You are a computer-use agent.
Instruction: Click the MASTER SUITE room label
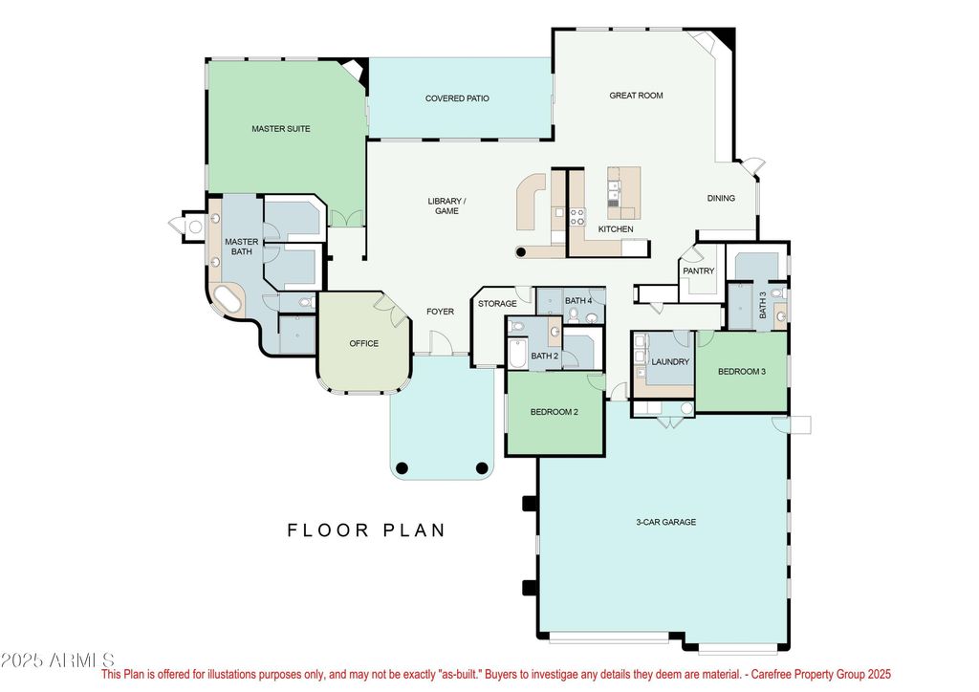click(281, 128)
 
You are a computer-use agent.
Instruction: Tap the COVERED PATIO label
click(457, 97)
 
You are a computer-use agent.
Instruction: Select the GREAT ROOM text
click(636, 96)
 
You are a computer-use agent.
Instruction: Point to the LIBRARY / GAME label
click(446, 205)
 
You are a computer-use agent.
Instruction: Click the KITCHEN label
click(616, 229)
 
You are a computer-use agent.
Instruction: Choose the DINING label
click(721, 198)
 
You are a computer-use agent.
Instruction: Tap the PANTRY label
click(699, 270)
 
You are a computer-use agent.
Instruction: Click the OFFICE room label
click(364, 343)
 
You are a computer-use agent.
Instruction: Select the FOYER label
click(440, 312)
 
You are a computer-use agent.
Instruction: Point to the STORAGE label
click(497, 304)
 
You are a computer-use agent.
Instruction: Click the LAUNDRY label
click(670, 361)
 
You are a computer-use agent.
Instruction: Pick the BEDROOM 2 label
click(555, 412)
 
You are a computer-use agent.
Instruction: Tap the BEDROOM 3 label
click(742, 371)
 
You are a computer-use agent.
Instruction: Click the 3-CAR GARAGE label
click(666, 522)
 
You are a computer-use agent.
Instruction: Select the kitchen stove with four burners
click(577, 217)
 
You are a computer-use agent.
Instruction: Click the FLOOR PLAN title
click(366, 530)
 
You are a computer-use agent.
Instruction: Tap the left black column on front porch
click(402, 468)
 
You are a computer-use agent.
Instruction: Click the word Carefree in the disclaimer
click(770, 674)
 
